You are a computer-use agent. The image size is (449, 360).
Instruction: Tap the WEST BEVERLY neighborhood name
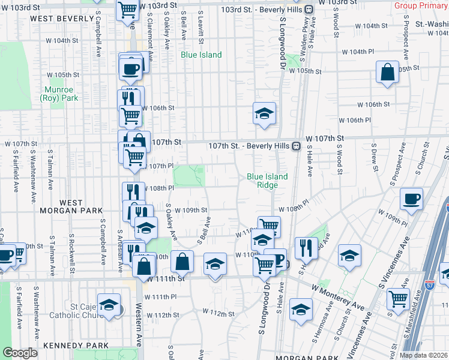pos(56,19)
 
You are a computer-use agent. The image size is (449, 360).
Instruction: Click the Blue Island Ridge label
pos(267,181)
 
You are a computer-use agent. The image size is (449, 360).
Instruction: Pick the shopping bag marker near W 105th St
pos(388,72)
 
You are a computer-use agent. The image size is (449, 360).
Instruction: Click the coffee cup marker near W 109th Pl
pos(411,199)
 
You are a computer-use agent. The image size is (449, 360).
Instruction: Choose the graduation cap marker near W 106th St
pos(264,113)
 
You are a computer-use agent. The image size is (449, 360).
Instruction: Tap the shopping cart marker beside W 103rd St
pos(128,10)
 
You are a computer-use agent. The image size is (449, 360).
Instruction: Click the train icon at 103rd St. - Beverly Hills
pos(309,10)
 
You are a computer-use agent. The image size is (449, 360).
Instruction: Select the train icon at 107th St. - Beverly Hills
pos(296,146)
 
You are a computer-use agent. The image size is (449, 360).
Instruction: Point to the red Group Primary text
pos(420,5)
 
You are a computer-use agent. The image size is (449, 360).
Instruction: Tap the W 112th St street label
pos(218,313)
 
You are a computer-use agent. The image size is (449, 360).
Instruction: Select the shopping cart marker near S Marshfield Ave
pos(398,298)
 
